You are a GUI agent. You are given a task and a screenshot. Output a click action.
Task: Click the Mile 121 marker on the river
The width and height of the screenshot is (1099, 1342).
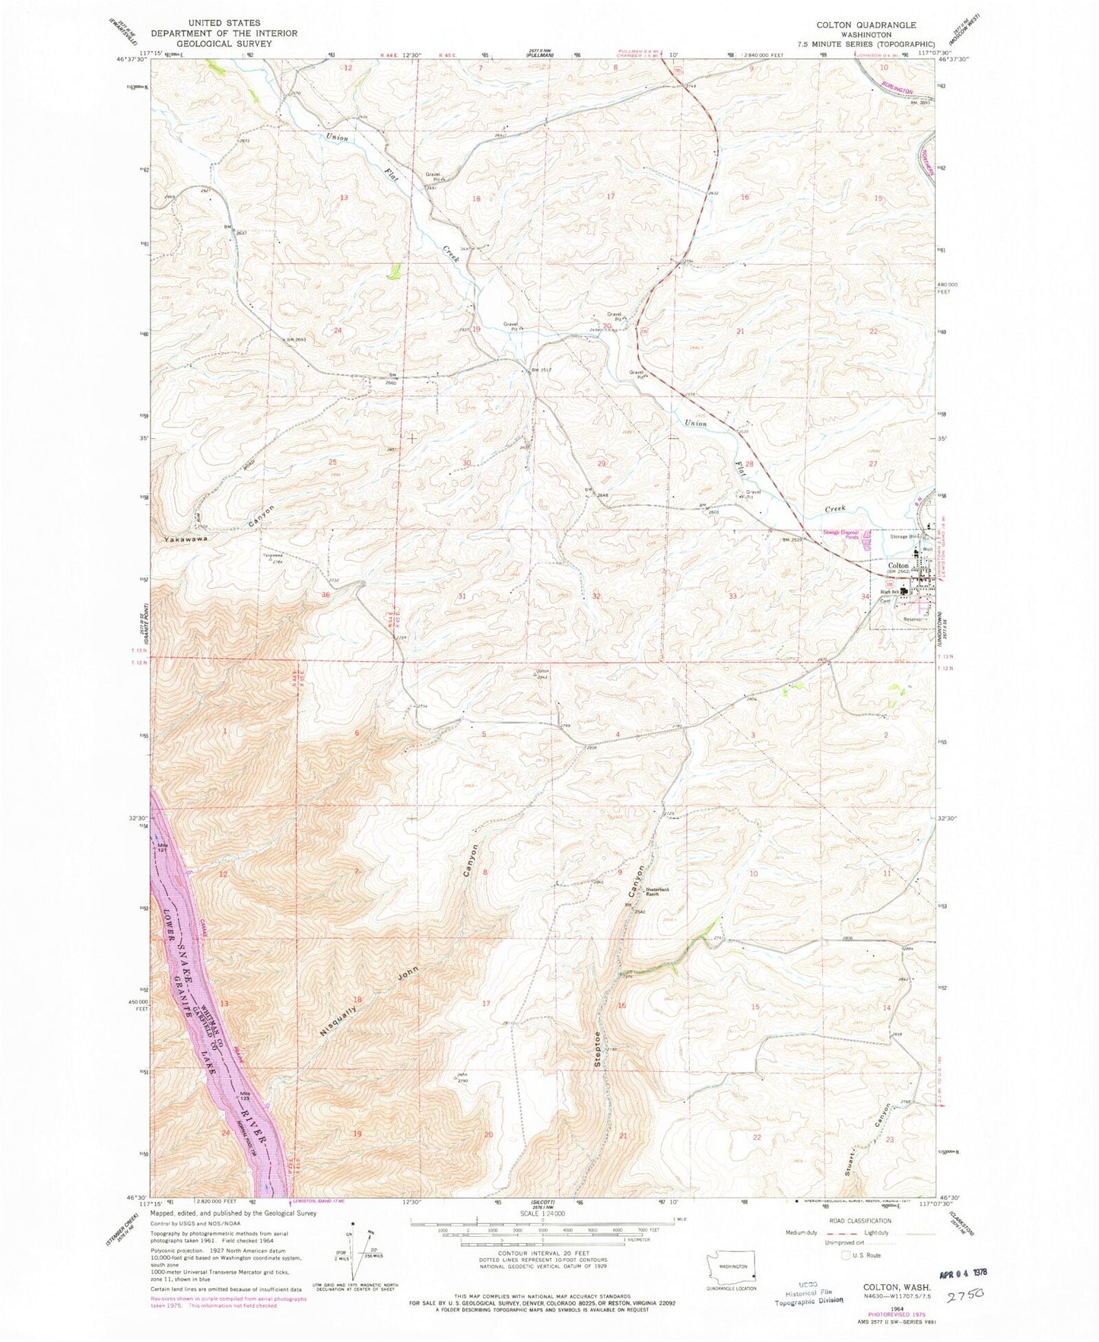161,846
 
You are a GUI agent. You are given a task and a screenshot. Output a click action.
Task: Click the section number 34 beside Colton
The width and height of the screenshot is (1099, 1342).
866,597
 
